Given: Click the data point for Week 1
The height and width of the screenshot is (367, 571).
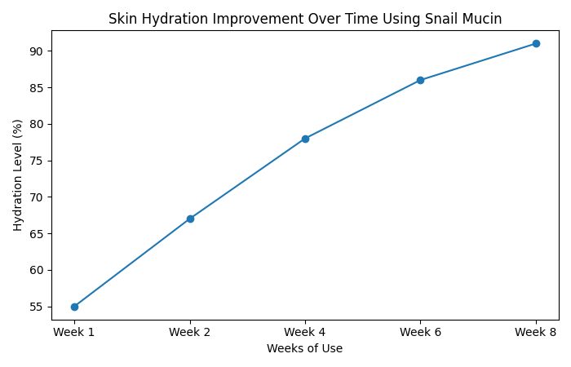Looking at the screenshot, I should point(74,307).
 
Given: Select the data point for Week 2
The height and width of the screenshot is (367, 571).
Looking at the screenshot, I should point(190,219).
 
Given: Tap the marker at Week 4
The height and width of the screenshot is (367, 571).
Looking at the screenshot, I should point(305,139).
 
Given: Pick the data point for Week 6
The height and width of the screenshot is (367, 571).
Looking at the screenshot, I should point(420,80).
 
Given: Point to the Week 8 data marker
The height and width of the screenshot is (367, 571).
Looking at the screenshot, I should point(536,43).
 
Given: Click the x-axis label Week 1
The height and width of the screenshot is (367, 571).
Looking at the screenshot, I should point(74,331).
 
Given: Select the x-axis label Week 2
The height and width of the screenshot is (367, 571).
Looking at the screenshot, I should point(190,331).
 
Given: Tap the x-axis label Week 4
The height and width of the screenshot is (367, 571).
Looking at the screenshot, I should point(305,331).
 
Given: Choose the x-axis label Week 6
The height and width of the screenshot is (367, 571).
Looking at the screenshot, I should point(420,331).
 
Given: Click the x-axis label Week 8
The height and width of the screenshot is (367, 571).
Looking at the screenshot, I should point(536,331).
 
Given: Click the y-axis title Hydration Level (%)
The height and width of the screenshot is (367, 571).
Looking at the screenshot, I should point(18,175).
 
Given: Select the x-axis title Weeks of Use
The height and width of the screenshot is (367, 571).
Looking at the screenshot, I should point(304,348).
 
